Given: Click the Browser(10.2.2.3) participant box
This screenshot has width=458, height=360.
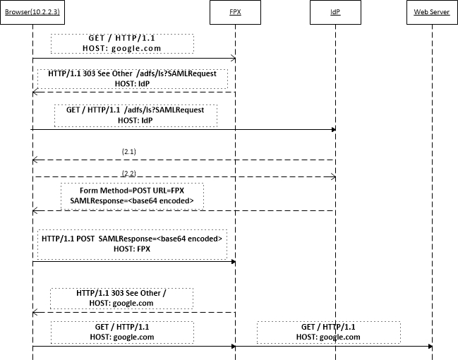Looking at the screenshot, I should [x=32, y=13].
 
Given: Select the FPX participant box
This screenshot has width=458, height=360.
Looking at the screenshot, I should [x=234, y=13].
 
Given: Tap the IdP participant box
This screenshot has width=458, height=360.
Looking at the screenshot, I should [x=335, y=13].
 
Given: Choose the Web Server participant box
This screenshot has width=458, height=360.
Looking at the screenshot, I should [x=431, y=13].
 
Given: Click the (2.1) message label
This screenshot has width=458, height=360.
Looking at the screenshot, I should [x=129, y=151].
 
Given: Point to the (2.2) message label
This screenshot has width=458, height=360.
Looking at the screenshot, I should [x=129, y=173].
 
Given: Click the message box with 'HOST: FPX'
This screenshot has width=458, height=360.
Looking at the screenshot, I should [x=132, y=244].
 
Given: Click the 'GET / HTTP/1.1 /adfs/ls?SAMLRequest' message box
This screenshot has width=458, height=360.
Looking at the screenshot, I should [x=135, y=115].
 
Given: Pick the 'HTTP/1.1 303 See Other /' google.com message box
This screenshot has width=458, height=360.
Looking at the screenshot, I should [x=121, y=298].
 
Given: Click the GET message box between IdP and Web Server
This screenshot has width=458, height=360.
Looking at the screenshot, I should [x=328, y=332].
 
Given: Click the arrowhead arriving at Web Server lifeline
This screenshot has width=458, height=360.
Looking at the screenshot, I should [x=428, y=347].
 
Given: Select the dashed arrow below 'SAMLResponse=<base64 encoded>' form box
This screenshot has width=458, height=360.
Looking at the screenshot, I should [x=183, y=210].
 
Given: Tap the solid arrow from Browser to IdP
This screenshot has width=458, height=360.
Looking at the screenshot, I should [x=183, y=129].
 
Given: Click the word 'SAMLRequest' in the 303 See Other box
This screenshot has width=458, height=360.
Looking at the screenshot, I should [x=204, y=73].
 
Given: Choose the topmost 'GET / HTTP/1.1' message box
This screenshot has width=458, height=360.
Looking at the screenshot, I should [x=122, y=43].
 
